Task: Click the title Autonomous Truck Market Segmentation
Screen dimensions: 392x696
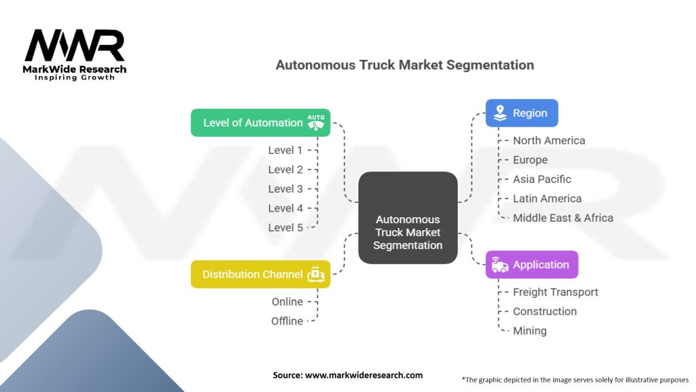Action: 404,65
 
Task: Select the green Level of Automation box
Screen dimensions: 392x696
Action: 260,123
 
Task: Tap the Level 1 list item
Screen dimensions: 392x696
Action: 285,150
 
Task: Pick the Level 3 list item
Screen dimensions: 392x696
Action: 285,189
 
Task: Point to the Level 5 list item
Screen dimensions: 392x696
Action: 285,227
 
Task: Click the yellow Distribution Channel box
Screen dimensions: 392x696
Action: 260,274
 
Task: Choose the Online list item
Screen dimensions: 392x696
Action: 287,301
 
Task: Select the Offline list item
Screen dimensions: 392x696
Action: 287,321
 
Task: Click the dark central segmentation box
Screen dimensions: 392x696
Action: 408,218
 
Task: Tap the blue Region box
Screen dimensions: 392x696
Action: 521,113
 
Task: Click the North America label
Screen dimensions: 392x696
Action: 549,140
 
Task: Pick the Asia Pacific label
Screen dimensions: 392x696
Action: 542,179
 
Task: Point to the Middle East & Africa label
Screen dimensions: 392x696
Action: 563,218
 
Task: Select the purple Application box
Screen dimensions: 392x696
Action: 532,265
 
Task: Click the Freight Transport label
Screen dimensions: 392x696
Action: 555,292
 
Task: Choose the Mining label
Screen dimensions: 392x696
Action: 529,331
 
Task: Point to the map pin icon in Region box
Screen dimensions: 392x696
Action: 500,113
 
